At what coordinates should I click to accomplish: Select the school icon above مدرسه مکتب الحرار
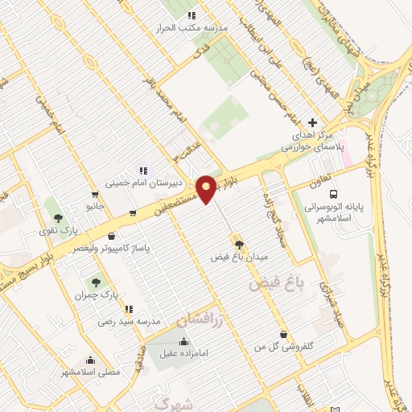pyautogui.click(x=192, y=14)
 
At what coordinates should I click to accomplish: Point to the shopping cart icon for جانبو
pyautogui.click(x=96, y=195)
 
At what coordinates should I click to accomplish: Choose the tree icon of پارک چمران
pyautogui.click(x=96, y=282)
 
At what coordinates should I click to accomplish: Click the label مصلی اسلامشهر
pyautogui.click(x=90, y=373)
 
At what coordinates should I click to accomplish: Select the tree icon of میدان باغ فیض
pyautogui.click(x=238, y=241)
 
